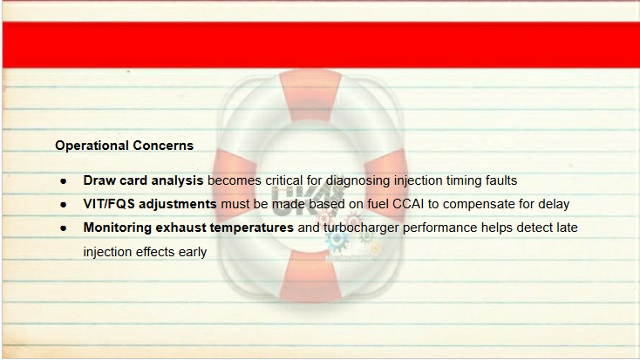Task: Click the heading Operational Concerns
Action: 124,146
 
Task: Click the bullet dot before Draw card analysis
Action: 64,180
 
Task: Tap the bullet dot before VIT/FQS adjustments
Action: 64,205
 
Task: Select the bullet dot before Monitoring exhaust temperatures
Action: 64,228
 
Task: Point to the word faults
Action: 501,180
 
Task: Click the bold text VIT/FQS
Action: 109,204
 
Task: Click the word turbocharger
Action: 361,228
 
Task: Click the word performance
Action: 440,228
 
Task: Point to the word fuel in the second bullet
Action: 378,204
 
